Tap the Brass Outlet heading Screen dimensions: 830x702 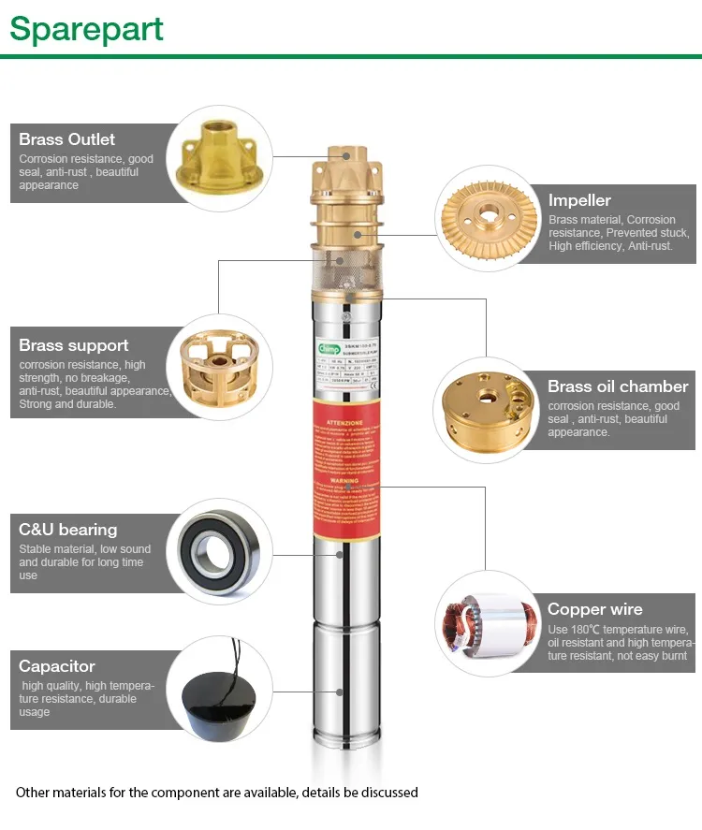point(67,139)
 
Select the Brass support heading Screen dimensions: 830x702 point(74,345)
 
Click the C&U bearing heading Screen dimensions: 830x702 point(68,530)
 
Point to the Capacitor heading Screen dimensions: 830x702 point(57,666)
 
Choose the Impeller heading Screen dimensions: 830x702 point(579,200)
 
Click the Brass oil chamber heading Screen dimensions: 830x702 point(618,386)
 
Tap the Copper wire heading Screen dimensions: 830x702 point(595,609)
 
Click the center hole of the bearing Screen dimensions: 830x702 point(219,554)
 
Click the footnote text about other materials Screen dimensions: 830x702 point(217,793)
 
